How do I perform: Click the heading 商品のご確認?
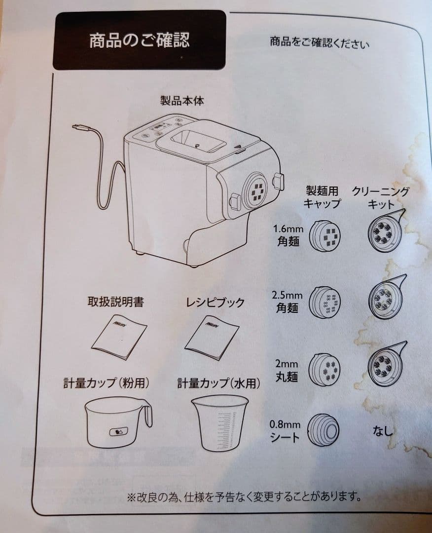pyautogui.click(x=139, y=40)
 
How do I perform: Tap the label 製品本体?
pyautogui.click(x=182, y=101)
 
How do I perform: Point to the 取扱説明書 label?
pyautogui.click(x=116, y=302)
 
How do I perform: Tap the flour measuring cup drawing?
pyautogui.click(x=117, y=422)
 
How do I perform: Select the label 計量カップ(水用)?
pyautogui.click(x=219, y=383)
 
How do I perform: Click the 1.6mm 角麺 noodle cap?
pyautogui.click(x=324, y=235)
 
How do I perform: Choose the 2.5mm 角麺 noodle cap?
pyautogui.click(x=324, y=302)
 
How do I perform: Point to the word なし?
pyautogui.click(x=383, y=431)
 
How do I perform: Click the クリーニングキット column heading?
pyautogui.click(x=380, y=197)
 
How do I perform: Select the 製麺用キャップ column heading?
pyautogui.click(x=322, y=197)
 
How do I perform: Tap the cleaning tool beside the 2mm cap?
pyautogui.click(x=386, y=364)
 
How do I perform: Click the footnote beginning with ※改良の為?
pyautogui.click(x=244, y=497)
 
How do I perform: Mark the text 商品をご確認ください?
pyautogui.click(x=319, y=42)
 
